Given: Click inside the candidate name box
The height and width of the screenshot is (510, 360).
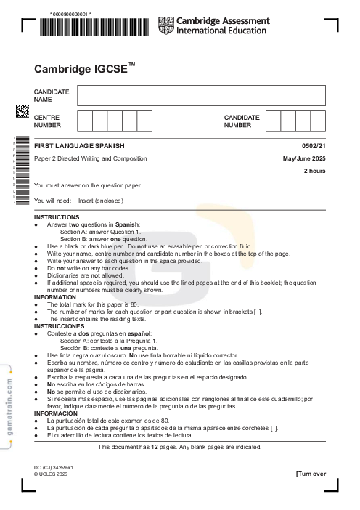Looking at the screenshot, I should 201,95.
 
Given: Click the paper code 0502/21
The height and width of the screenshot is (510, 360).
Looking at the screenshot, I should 314,147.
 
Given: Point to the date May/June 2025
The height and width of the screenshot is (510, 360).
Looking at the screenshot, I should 304,158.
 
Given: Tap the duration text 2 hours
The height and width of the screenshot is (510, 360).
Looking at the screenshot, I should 314,171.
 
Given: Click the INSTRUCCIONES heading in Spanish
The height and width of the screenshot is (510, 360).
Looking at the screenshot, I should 60,326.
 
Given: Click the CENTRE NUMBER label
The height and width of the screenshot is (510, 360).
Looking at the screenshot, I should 48,121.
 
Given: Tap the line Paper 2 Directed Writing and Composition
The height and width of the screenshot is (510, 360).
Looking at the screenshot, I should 90,158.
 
